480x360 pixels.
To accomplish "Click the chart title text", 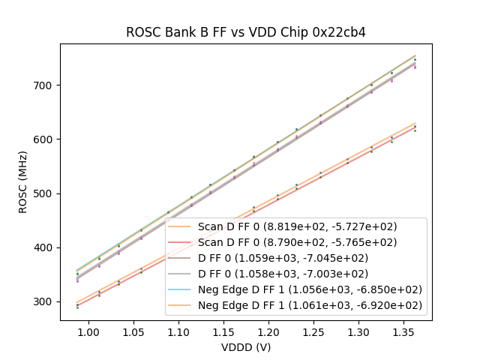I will [x=245, y=32].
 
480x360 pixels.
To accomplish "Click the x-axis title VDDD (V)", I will [x=245, y=347].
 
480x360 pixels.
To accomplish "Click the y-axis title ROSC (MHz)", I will [x=23, y=182].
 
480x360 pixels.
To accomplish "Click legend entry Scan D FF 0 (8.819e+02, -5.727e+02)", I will [x=297, y=226].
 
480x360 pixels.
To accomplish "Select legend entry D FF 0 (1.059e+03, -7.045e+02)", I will [x=282, y=258].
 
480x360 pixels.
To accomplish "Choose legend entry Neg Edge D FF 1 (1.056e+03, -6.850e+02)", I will [x=310, y=289].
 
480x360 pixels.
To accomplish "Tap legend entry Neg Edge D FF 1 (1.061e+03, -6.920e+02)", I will [x=310, y=305].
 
